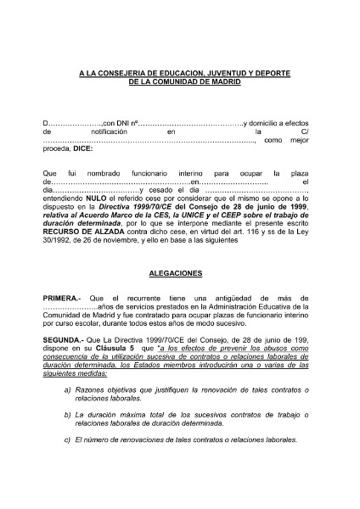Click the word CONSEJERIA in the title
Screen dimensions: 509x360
124,74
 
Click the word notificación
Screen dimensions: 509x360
106,133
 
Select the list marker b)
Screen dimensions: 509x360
67,412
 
